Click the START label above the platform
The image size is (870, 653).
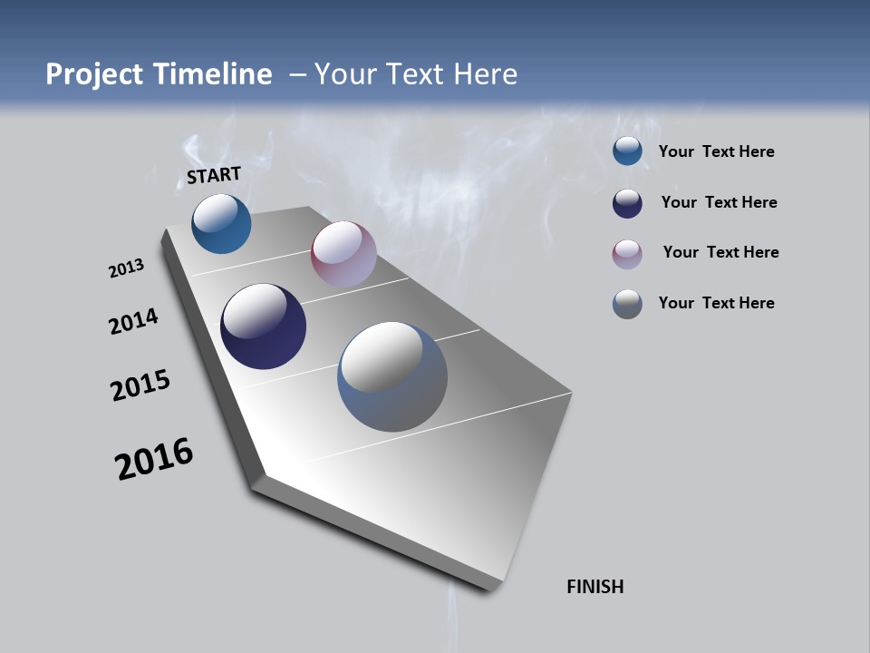(x=214, y=174)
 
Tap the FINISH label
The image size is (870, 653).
(x=595, y=587)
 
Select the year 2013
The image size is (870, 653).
(x=126, y=268)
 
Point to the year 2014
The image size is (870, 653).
(x=134, y=321)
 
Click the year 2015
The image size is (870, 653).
(x=140, y=385)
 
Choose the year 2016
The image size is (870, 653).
(x=154, y=459)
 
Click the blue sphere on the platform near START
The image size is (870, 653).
(x=221, y=223)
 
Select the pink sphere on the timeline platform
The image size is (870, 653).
(x=343, y=254)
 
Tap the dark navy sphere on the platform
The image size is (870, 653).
(x=264, y=326)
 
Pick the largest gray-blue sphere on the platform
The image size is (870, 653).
(x=392, y=376)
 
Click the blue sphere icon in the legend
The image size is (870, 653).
(x=627, y=151)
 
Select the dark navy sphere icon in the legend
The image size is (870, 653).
(x=627, y=203)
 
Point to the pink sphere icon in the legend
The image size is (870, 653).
(x=627, y=254)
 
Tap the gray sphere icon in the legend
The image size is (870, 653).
(x=627, y=304)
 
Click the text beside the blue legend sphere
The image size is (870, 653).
(x=716, y=152)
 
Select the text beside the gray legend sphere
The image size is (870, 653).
(x=716, y=303)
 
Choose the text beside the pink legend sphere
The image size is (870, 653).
(x=720, y=252)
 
